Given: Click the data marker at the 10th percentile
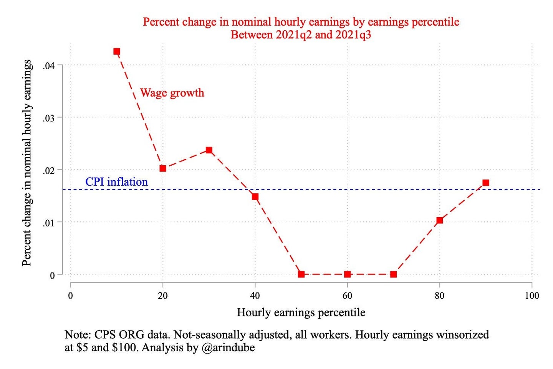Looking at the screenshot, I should pos(117,52).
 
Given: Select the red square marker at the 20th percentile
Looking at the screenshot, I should pos(163,168).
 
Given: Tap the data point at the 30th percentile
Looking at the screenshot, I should pos(209,150).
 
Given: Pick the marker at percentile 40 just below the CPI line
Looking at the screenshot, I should pos(255,196).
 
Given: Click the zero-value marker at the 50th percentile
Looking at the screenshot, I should pos(301,274).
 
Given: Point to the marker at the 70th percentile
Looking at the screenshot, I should pos(393,274).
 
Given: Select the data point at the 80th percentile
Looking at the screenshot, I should pos(439,220).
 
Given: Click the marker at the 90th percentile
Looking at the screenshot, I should pos(485,183).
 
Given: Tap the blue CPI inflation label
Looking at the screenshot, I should pos(116,182).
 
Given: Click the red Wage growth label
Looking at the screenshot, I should pos(172,93).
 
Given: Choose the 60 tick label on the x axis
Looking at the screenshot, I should pos(347,296).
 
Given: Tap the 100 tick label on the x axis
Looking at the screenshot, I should pos(531,296).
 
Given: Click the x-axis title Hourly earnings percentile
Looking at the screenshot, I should pos(301,312).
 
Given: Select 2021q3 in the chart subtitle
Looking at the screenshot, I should pos(353,35).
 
